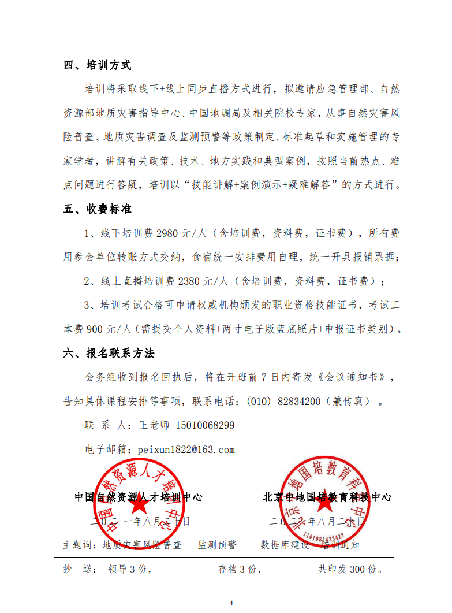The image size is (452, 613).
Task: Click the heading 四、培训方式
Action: point(98,65)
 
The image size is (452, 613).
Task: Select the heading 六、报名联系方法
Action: point(109,352)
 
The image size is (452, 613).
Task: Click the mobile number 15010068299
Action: point(204,425)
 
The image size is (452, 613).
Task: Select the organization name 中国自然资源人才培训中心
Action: point(138,497)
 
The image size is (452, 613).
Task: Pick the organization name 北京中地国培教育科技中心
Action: point(327,497)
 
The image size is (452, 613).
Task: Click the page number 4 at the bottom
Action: point(231,603)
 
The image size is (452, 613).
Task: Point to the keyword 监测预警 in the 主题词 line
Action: point(217,544)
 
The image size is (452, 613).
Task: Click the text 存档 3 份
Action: point(237,570)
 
